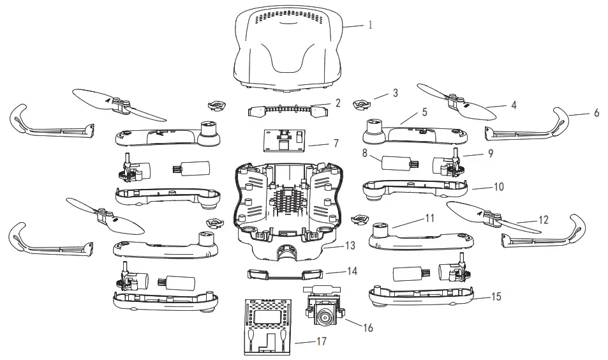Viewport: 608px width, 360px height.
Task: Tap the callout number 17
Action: [x=321, y=341]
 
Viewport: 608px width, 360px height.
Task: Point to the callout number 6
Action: [x=597, y=112]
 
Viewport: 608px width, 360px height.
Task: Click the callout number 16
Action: [x=367, y=328]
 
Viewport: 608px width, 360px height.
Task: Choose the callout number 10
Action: [x=499, y=187]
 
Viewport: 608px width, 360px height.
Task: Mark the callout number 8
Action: [x=365, y=153]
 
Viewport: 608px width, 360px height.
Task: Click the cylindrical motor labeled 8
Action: [x=395, y=163]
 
